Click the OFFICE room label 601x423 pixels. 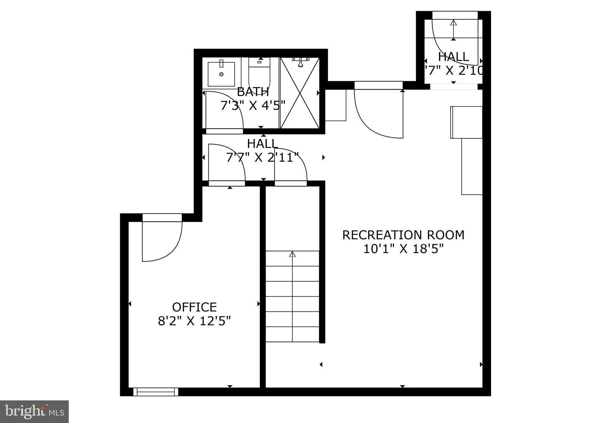pos(194,307)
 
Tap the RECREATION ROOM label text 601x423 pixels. pos(403,235)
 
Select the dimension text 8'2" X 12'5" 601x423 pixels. pos(194,321)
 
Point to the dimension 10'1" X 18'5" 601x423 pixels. pos(403,249)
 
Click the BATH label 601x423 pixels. pos(253,92)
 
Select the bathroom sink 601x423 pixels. pos(221,74)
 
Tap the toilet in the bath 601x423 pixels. pos(259,73)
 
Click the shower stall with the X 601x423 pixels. pos(299,93)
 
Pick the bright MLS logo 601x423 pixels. pos(34,412)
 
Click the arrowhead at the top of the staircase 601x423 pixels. pos(292,254)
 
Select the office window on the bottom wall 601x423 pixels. pos(156,392)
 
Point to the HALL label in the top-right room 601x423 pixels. pos(453,57)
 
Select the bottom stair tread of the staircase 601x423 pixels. pos(292,334)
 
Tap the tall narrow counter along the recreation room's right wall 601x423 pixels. pos(472,166)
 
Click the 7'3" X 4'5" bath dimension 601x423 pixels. pos(253,106)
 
